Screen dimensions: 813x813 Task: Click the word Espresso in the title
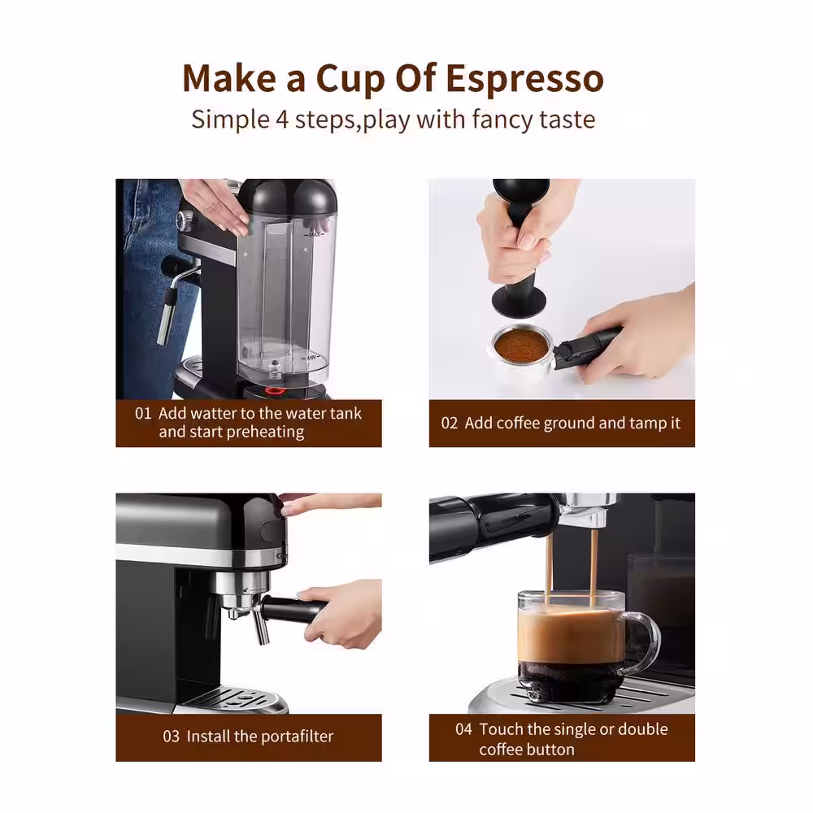(x=525, y=79)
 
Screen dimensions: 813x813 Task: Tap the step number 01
(x=143, y=413)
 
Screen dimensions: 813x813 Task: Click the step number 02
(x=450, y=423)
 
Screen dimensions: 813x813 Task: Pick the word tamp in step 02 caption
(x=646, y=424)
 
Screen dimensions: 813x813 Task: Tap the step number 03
(x=171, y=737)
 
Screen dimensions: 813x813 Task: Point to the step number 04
(x=463, y=729)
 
